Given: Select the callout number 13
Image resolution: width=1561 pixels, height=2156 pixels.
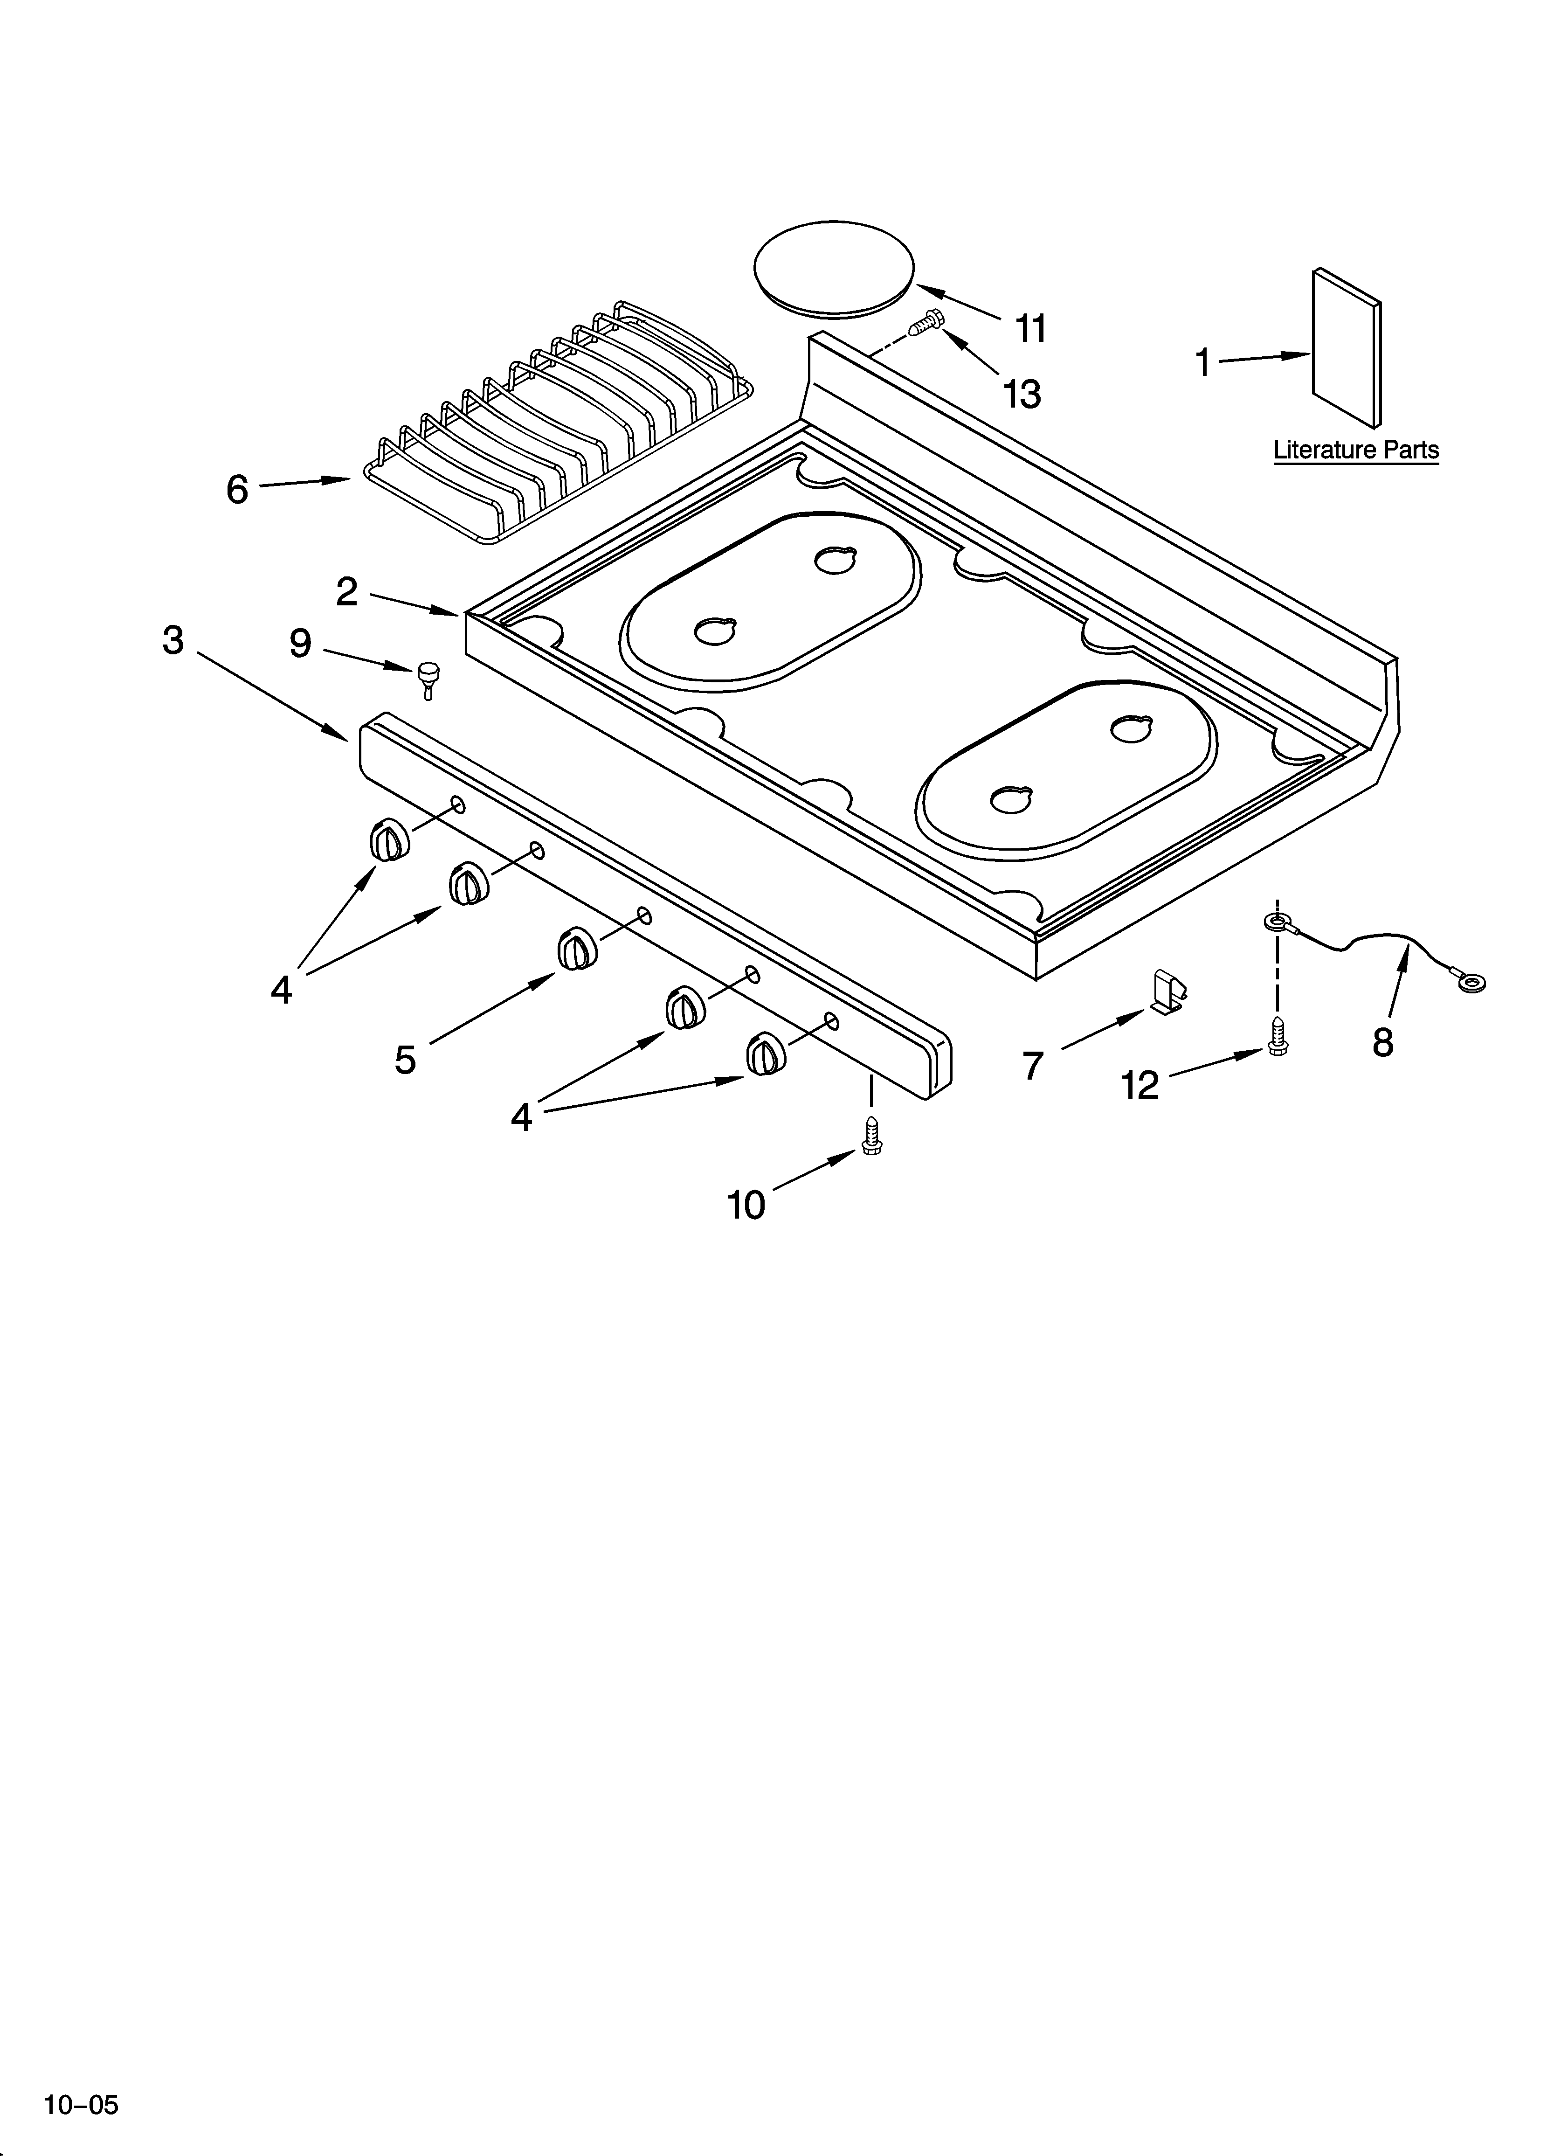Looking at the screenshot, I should tap(1022, 394).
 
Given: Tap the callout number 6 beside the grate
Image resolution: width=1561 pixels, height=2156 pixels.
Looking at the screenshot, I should tap(237, 490).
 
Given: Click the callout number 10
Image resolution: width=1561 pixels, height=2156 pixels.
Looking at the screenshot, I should tap(746, 1206).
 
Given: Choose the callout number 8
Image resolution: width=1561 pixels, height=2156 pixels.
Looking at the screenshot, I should tap(1383, 1043).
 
